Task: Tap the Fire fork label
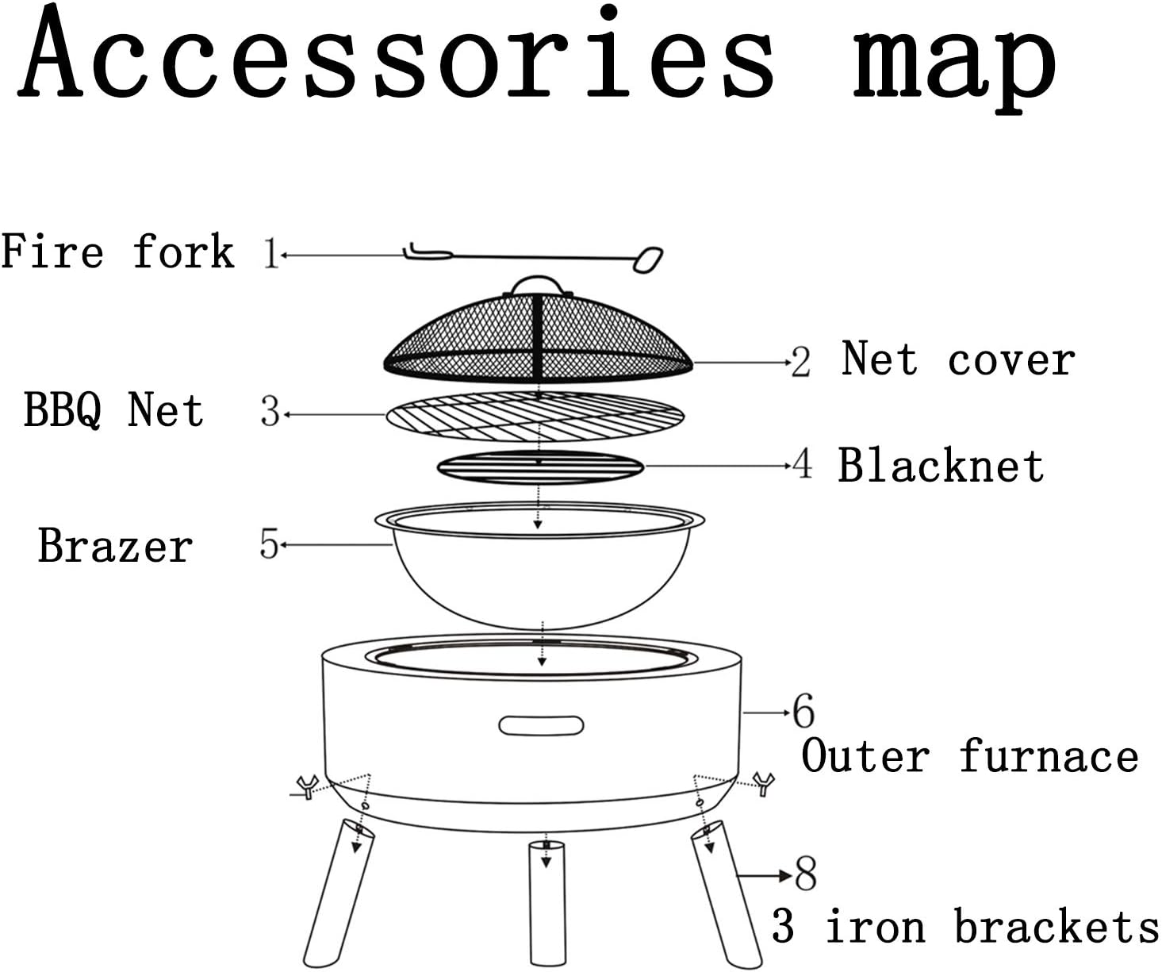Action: click(117, 252)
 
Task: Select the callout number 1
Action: click(270, 254)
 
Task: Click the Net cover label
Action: click(958, 359)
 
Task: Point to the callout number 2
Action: click(800, 363)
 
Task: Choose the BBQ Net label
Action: click(113, 410)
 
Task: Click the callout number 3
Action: click(270, 413)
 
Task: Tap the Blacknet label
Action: click(941, 466)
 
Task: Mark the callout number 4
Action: click(803, 464)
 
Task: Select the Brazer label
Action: click(116, 547)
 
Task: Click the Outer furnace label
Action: click(969, 756)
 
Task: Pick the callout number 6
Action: click(803, 711)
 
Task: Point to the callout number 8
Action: click(806, 874)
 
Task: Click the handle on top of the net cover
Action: click(537, 285)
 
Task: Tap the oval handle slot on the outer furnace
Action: click(541, 725)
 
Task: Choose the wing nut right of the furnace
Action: click(763, 783)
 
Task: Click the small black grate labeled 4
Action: click(540, 467)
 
